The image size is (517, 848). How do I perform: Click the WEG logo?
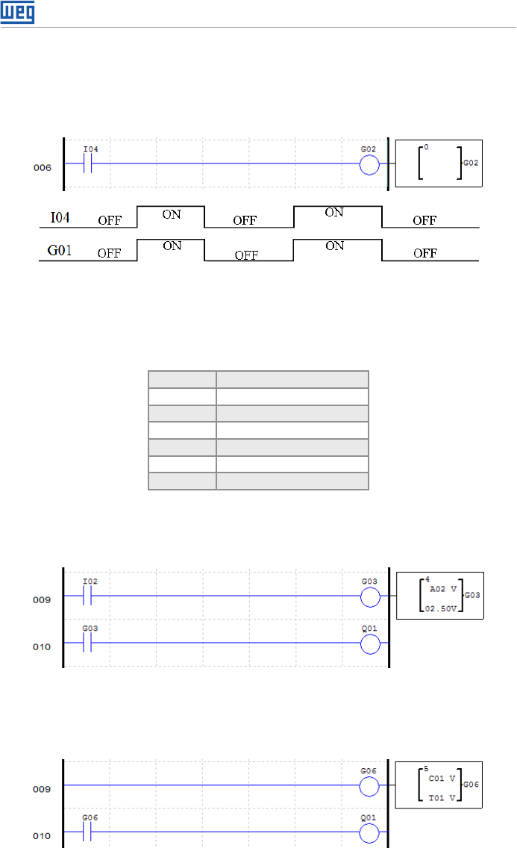point(17,12)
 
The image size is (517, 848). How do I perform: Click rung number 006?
point(42,168)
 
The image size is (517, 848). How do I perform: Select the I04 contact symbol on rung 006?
point(87,163)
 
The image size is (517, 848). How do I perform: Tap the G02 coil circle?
point(369,164)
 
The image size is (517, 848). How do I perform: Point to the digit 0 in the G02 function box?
point(426,147)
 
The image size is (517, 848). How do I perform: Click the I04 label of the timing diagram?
point(60,217)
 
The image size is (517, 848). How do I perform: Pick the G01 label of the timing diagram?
point(60,250)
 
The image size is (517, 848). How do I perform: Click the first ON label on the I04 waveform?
point(172,215)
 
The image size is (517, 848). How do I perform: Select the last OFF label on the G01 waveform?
point(425,253)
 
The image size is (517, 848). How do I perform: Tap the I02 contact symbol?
point(87,596)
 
